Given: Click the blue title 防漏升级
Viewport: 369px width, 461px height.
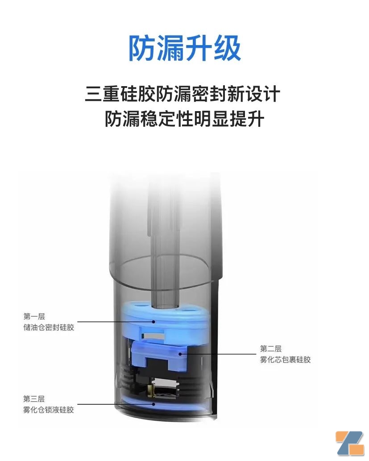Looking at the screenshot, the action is click(185, 48).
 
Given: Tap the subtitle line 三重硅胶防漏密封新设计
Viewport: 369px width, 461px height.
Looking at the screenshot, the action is click(182, 94).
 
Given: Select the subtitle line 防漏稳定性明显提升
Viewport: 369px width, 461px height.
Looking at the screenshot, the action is click(184, 119).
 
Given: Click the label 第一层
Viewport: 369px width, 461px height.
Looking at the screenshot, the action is click(34, 316).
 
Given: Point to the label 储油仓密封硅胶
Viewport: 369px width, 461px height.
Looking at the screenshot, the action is click(49, 327).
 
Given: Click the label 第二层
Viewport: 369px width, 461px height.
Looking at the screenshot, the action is click(271, 349).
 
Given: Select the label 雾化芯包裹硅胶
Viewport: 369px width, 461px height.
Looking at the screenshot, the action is click(286, 360).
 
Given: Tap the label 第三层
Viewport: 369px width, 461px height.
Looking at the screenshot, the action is click(34, 399).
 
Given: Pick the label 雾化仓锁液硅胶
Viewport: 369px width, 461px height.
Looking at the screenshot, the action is click(49, 410).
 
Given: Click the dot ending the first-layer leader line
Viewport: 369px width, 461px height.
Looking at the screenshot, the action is click(153, 322).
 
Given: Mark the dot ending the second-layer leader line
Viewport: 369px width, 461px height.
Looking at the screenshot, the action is click(180, 354).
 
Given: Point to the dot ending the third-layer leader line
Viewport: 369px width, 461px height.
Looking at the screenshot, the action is click(153, 404).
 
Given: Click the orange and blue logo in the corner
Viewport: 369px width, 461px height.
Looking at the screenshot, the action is click(350, 443).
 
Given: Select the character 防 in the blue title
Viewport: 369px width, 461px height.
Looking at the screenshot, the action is click(142, 48).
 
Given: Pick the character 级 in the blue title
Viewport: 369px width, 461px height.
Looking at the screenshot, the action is click(227, 48).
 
